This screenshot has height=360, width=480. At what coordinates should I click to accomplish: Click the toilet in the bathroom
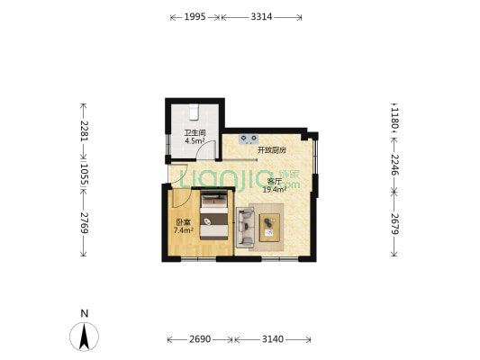coord(195,111)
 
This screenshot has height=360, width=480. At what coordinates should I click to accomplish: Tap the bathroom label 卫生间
coord(195,132)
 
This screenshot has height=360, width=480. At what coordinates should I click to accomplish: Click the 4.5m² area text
coord(195,140)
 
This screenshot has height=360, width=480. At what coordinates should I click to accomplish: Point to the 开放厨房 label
coord(272,149)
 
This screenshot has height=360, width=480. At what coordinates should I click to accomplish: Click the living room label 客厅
coord(273,182)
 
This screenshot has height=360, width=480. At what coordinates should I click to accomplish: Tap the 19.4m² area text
coord(273,190)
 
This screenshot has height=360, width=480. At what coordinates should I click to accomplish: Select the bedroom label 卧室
coord(183,222)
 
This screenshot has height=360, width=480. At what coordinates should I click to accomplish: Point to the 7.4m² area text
coord(184,230)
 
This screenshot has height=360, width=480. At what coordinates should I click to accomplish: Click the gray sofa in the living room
coord(244,227)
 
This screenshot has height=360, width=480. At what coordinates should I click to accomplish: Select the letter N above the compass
coord(84,313)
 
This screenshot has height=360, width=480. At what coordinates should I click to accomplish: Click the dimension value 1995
coord(194,16)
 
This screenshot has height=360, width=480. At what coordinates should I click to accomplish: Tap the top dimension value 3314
coord(262,16)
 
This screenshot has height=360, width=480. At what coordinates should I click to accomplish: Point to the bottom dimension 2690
coord(200,339)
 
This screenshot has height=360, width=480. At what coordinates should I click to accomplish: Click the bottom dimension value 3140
coord(272,339)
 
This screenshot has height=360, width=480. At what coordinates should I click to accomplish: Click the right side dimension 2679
coord(394,222)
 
